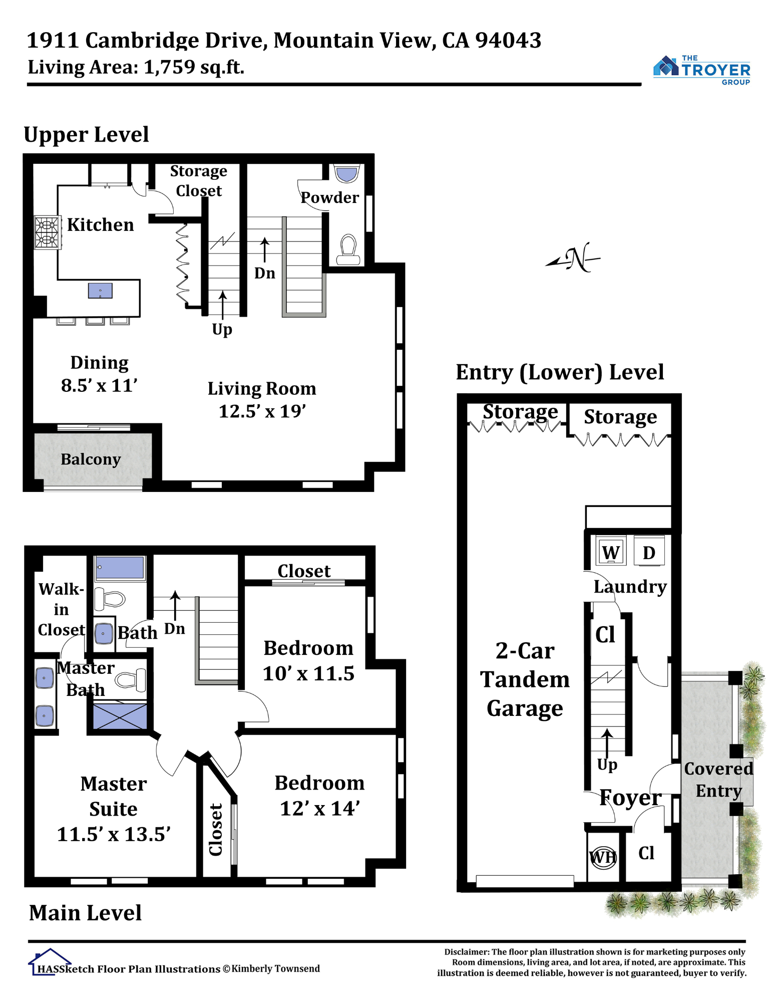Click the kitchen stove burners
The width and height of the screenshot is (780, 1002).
[48, 232]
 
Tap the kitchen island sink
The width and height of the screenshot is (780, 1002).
[100, 291]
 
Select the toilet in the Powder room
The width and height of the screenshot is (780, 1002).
[348, 249]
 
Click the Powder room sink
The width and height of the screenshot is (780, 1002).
[347, 173]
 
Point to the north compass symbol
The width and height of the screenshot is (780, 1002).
[574, 258]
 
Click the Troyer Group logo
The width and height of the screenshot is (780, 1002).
[702, 70]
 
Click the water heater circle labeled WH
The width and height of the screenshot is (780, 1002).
[603, 857]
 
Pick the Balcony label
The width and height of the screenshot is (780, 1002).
[91, 459]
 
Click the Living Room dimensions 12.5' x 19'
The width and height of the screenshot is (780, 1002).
[262, 411]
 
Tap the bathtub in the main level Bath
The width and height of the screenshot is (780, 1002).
[120, 568]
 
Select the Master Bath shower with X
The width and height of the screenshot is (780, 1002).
[120, 716]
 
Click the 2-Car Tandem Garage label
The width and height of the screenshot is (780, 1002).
[525, 679]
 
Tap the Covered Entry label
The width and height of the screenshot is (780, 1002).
[718, 780]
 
